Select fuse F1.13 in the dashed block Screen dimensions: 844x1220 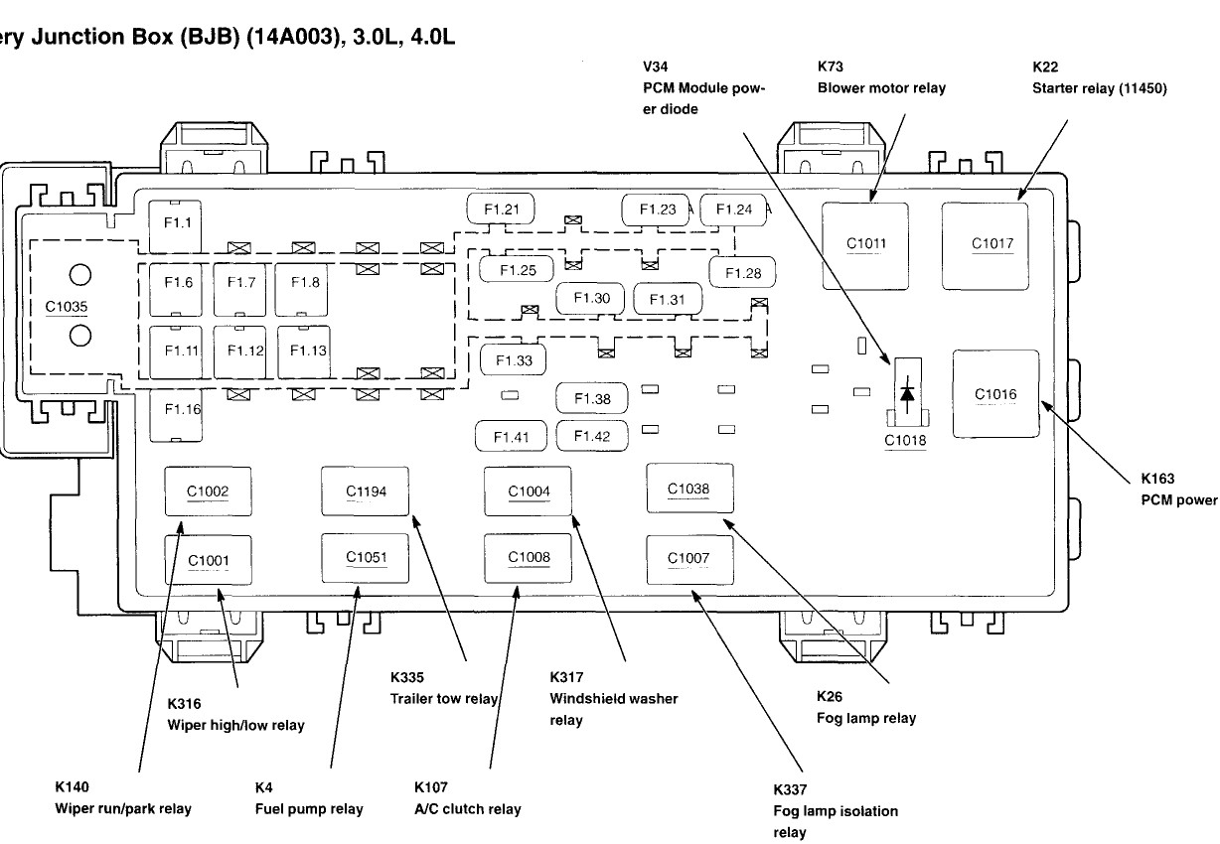[x=308, y=351]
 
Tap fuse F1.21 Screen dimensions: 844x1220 [x=502, y=209]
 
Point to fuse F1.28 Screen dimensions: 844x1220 [x=742, y=272]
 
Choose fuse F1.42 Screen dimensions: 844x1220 [x=591, y=435]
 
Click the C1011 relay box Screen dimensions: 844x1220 [x=865, y=244]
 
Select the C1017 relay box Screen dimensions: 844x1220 [x=986, y=245]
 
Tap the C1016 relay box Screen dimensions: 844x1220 [x=995, y=394]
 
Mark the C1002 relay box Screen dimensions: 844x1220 [x=208, y=491]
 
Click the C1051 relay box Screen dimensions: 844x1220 [x=365, y=557]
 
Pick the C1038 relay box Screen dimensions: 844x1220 [x=688, y=488]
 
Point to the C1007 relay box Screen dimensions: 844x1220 [x=688, y=558]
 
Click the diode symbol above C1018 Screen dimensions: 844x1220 [x=906, y=391]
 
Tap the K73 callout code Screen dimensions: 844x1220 [x=831, y=67]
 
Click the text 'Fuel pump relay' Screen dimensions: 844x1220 [x=309, y=808]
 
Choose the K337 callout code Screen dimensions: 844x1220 [x=791, y=789]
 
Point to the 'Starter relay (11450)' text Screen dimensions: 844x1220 [x=1100, y=87]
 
